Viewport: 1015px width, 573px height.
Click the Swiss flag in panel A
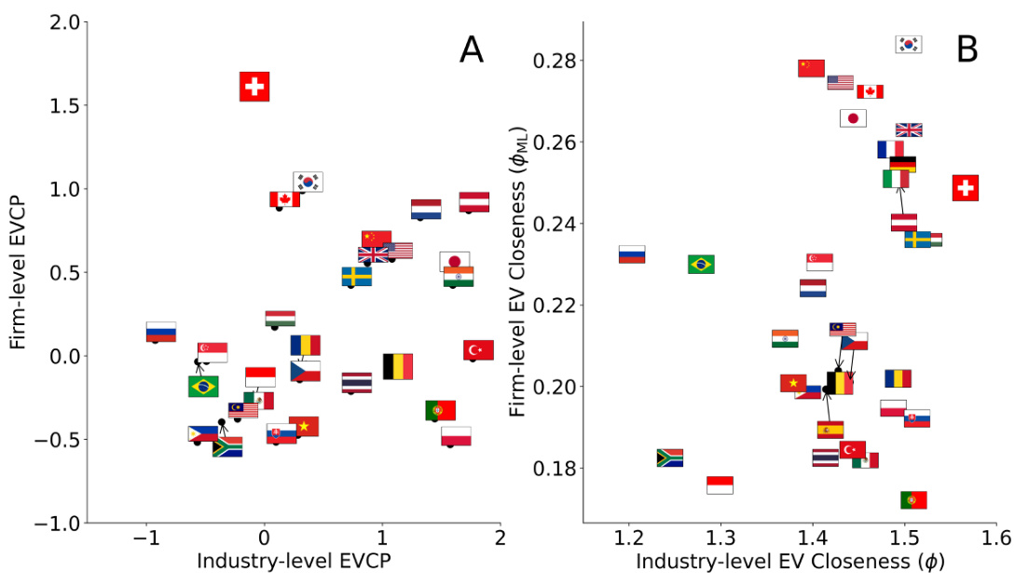click(254, 87)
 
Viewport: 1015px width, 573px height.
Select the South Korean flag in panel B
click(909, 44)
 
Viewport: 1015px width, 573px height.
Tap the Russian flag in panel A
click(160, 332)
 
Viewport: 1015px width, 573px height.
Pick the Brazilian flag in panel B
click(701, 264)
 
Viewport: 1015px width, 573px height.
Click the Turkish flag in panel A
click(478, 349)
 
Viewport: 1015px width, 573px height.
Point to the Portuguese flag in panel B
click(913, 500)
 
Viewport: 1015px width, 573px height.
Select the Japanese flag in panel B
click(853, 118)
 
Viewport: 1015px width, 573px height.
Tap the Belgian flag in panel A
click(398, 366)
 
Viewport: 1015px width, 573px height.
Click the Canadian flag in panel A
click(284, 198)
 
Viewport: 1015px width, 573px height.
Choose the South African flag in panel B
click(669, 457)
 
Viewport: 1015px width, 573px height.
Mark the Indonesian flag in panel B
click(720, 484)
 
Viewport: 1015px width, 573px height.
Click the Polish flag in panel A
click(456, 436)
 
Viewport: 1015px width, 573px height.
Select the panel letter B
click(967, 49)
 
